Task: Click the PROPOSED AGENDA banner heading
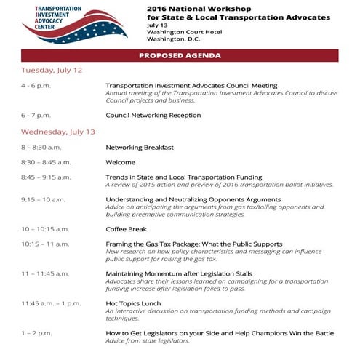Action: click(180, 55)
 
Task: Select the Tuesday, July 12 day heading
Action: click(52, 71)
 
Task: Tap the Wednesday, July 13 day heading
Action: click(58, 132)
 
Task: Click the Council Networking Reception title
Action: click(153, 116)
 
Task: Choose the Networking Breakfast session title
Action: click(140, 148)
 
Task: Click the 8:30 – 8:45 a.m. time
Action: click(46, 162)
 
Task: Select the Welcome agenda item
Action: click(121, 162)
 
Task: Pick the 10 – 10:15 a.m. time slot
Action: click(45, 228)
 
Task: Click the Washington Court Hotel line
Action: click(184, 31)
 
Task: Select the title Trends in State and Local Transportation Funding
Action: click(184, 177)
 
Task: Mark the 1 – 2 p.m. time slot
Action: click(36, 332)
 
